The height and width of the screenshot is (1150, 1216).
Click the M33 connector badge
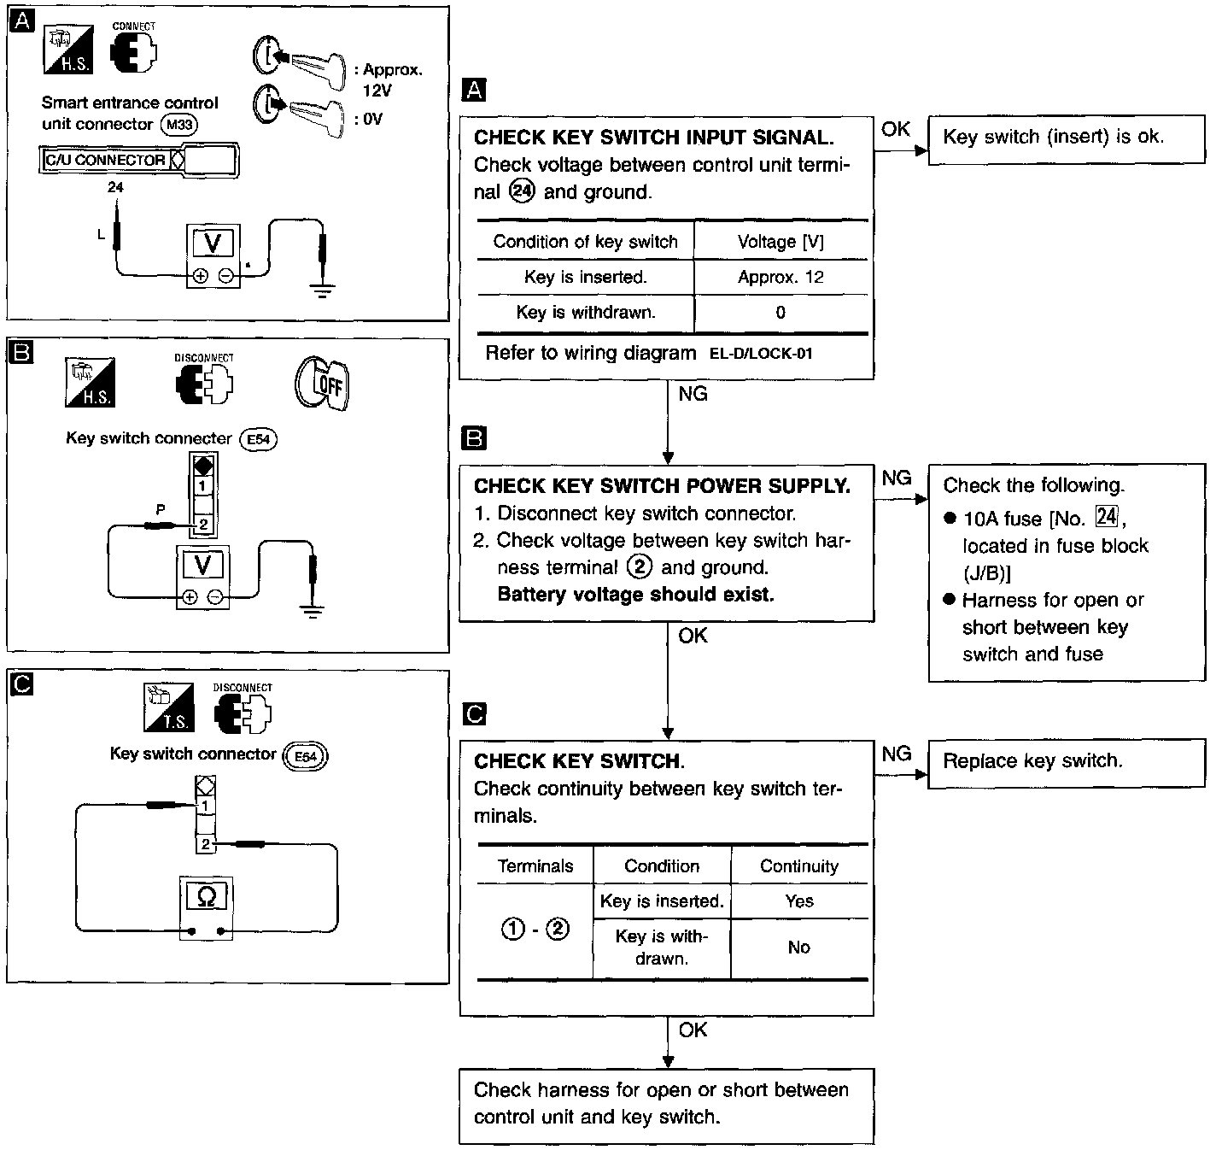[x=179, y=125]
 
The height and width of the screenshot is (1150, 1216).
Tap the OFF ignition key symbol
[x=323, y=384]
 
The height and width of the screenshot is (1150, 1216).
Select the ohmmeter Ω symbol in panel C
[x=206, y=895]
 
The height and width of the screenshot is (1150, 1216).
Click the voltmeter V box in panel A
[x=213, y=243]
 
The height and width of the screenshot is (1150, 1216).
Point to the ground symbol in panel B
[x=312, y=609]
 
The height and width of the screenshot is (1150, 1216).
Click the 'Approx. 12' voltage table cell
[x=780, y=277]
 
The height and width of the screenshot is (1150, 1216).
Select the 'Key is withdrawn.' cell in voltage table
[x=586, y=313]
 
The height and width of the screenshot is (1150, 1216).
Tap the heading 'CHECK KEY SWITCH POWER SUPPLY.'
[x=662, y=486]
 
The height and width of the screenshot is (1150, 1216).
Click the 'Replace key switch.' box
[x=1066, y=761]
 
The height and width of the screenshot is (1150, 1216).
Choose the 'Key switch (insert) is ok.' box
[x=1066, y=138]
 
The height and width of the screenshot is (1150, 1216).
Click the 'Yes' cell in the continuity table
[x=799, y=901]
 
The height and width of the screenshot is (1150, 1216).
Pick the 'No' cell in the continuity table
[x=799, y=948]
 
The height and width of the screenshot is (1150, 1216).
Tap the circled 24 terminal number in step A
[x=521, y=191]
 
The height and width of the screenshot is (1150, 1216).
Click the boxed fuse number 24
[x=1107, y=517]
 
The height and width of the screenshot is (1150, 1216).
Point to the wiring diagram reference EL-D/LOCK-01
[x=761, y=354]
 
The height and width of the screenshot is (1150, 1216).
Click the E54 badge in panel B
[x=258, y=439]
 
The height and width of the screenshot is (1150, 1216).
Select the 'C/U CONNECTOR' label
[x=105, y=160]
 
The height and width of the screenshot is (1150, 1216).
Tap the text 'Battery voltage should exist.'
[x=635, y=595]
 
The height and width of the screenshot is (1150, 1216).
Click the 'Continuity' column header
[x=799, y=866]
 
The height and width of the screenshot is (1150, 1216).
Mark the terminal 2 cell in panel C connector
[x=206, y=844]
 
